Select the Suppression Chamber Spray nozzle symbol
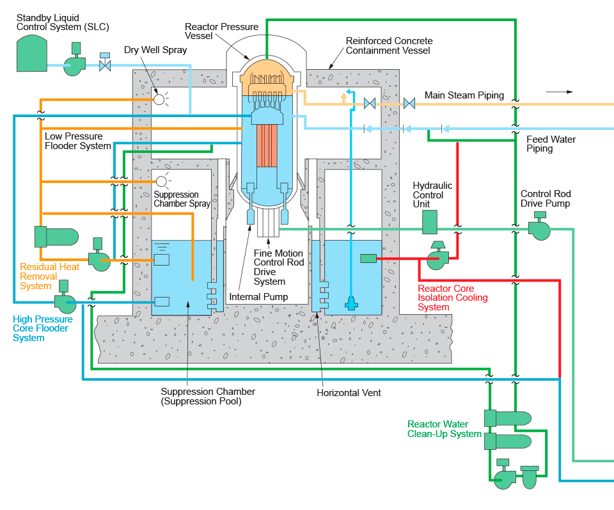161,181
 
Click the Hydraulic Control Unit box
429,222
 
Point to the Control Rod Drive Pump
540,228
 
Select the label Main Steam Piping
464,95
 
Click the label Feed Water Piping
551,144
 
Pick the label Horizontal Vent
349,393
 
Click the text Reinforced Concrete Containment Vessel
389,45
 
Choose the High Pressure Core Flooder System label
43,328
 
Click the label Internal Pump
258,297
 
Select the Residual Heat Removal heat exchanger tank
56,236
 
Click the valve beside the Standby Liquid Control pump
105,65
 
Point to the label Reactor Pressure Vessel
221,32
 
